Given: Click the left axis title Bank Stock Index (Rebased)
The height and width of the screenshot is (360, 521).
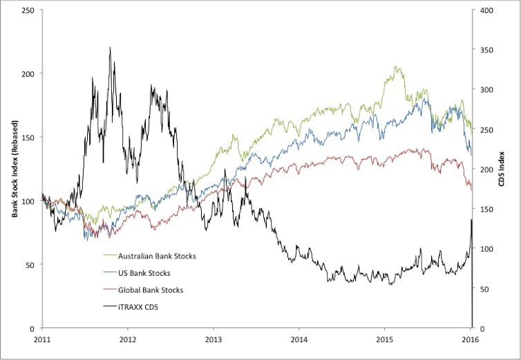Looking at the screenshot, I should [x=14, y=169].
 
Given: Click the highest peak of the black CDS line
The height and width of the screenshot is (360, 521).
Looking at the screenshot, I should [x=110, y=48].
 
